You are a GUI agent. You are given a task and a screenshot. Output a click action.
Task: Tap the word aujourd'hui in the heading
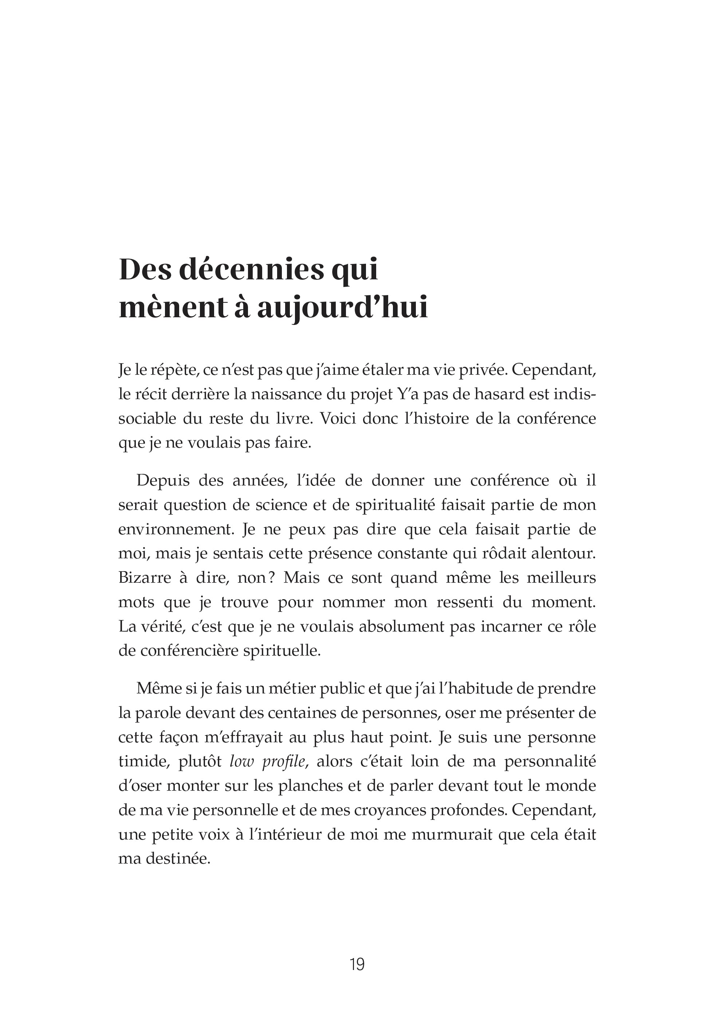tap(343, 308)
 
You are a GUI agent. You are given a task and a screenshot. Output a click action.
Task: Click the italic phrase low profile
tap(268, 761)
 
